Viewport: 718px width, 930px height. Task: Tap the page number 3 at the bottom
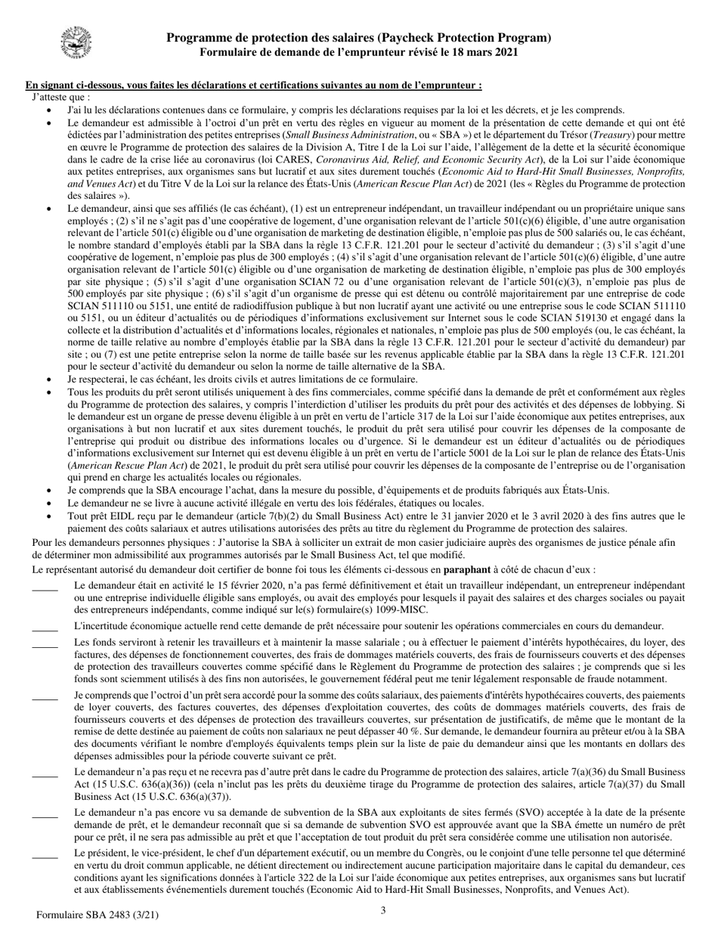click(x=383, y=910)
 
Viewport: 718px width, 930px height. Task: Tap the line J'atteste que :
click(x=61, y=97)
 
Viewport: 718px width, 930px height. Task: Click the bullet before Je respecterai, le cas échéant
click(x=50, y=379)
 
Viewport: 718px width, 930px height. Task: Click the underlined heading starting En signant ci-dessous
click(x=254, y=85)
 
